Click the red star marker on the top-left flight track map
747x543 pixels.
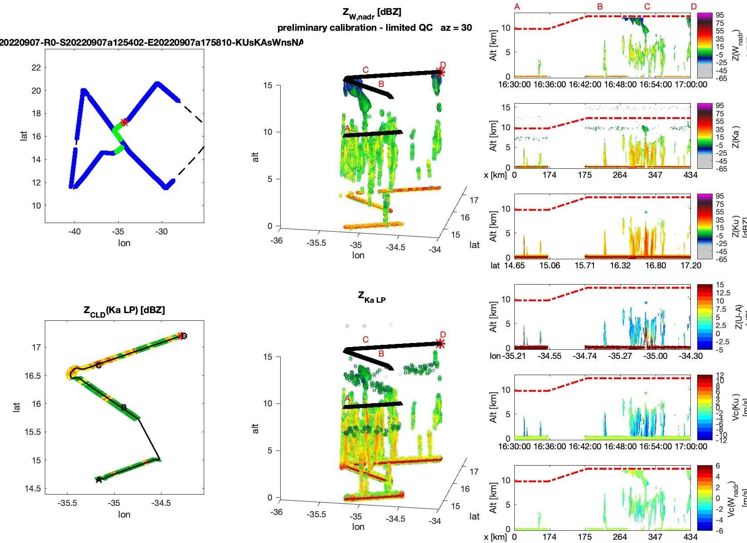coord(124,122)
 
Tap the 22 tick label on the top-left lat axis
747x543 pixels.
coord(36,68)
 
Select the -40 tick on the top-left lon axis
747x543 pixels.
coord(75,232)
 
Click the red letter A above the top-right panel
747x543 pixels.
coord(517,7)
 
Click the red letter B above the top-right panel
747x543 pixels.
coord(600,7)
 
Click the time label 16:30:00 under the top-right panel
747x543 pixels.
coord(514,85)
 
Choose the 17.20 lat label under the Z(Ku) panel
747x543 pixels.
coord(690,266)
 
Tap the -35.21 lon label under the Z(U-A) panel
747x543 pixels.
coord(514,356)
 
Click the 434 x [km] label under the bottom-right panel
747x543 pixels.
coord(690,537)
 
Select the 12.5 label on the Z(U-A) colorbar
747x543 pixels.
coord(723,293)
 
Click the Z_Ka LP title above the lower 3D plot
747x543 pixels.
coord(371,297)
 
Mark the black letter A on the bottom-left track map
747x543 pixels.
coord(99,480)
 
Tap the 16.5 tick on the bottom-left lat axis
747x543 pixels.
coord(33,376)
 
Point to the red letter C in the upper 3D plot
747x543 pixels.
coord(365,70)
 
